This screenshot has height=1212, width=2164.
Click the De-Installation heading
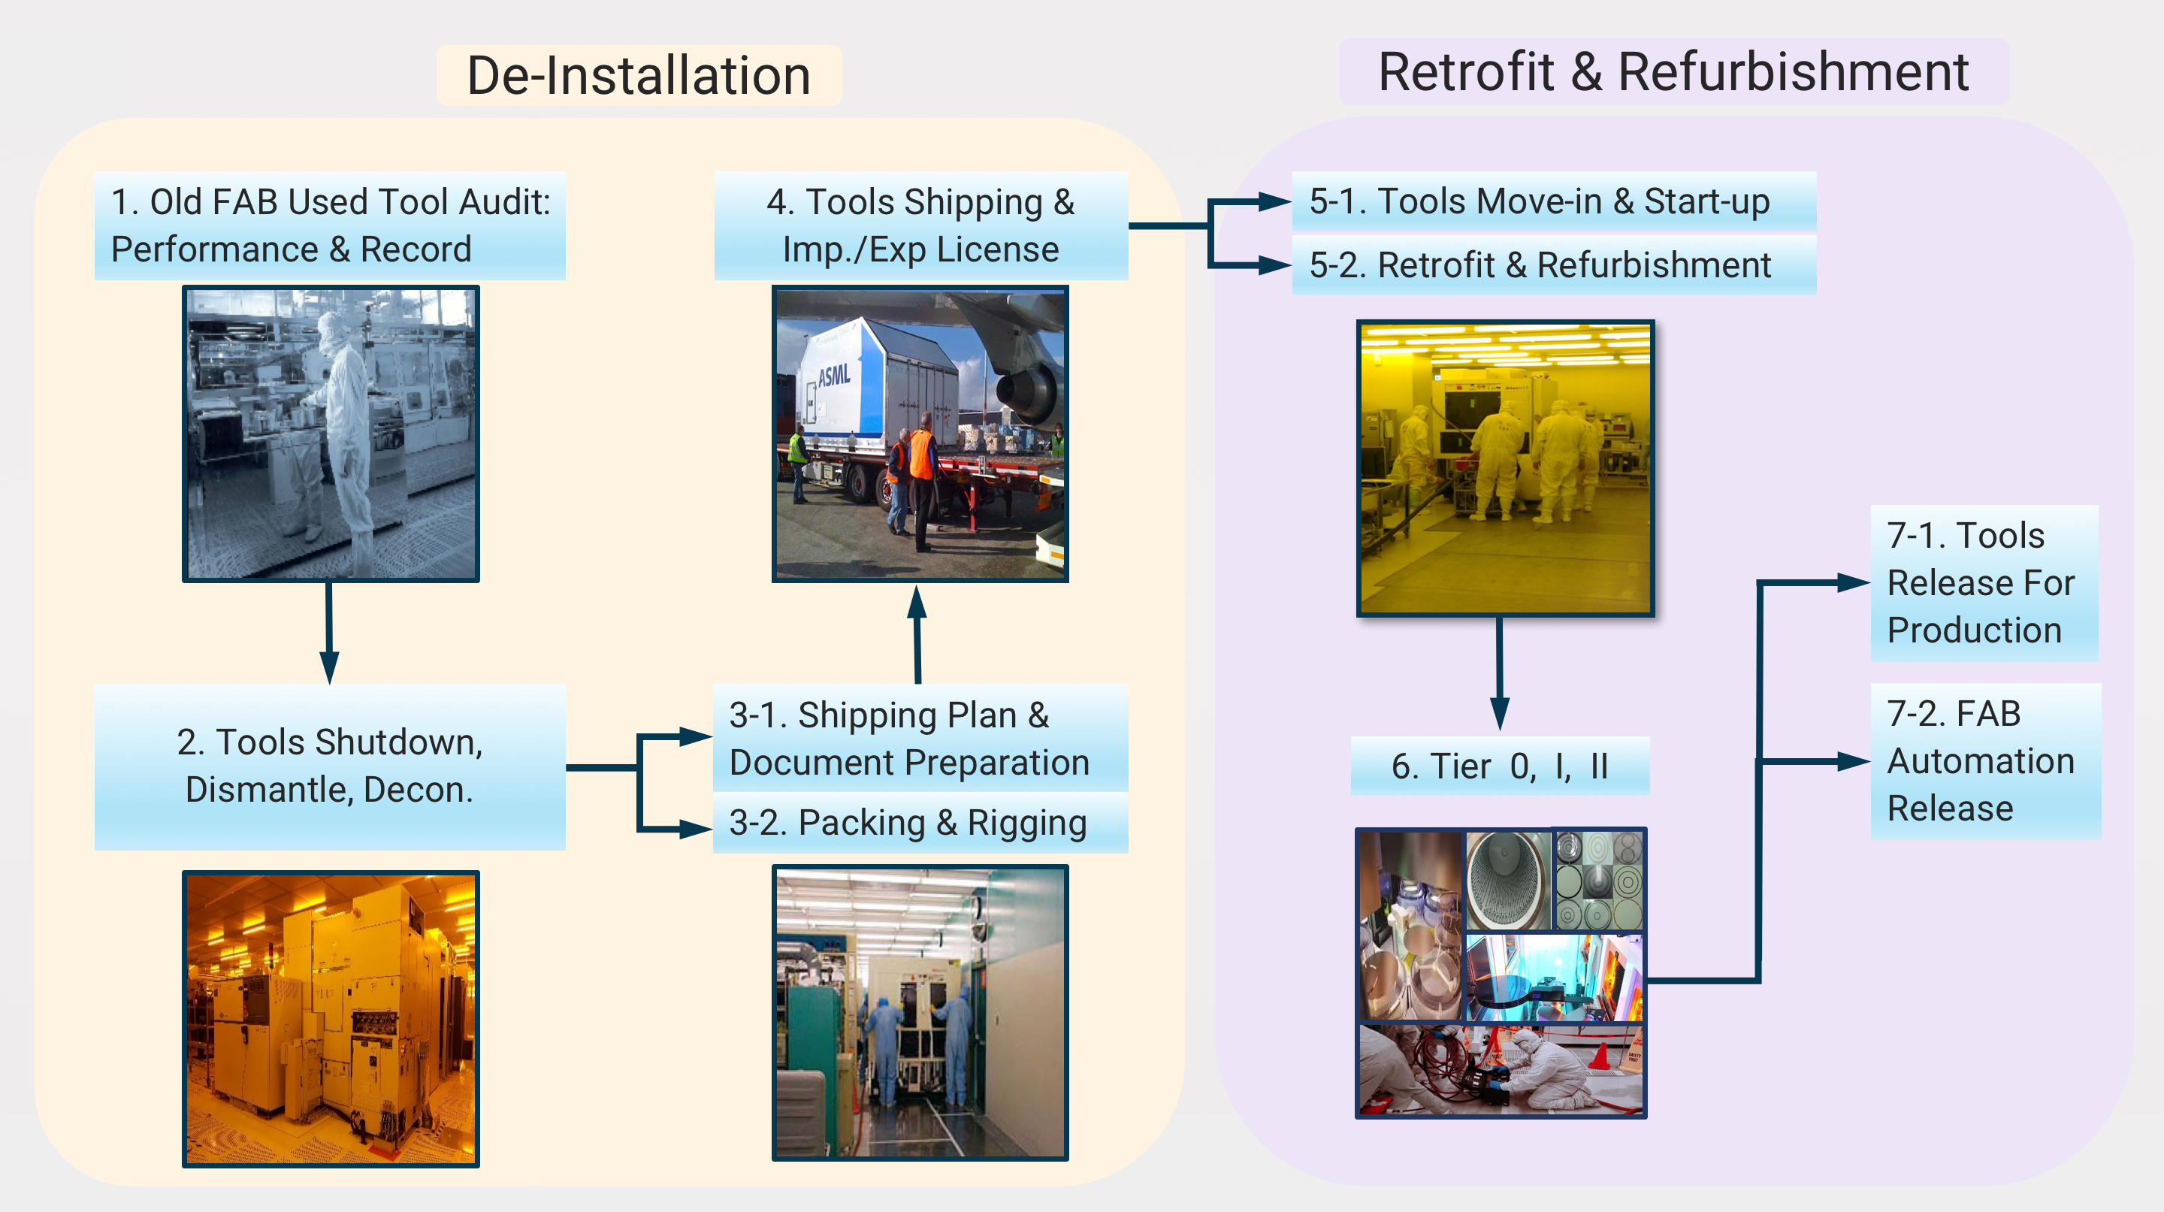[639, 76]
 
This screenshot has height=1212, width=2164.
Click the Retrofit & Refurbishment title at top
[1673, 72]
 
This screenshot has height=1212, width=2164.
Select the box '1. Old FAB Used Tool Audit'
[330, 226]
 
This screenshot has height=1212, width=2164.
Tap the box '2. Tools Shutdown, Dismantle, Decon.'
[330, 766]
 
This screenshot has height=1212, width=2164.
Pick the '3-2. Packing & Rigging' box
[920, 823]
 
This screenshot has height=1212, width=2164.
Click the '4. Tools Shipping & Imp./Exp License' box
[920, 226]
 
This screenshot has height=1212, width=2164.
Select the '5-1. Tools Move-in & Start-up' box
[1554, 201]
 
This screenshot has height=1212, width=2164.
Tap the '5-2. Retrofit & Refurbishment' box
[1554, 265]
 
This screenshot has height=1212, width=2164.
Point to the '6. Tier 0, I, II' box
[1500, 766]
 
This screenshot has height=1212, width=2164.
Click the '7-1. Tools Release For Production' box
[1984, 583]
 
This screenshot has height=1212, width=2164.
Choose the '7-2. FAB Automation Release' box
[1986, 761]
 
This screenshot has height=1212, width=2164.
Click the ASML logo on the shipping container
[833, 376]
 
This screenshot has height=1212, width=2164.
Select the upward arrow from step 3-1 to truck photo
[917, 634]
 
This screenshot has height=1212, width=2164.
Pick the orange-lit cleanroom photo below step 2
[331, 1019]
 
